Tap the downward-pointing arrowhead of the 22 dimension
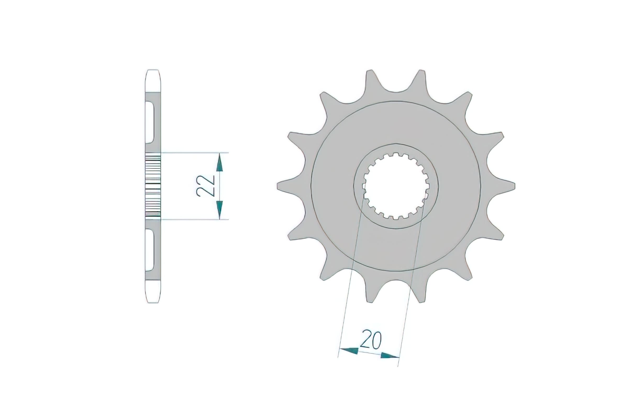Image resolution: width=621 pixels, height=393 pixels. point(220,210)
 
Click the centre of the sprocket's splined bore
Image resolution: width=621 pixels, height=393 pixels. point(396,186)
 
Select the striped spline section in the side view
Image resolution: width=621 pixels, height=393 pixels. point(153,186)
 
